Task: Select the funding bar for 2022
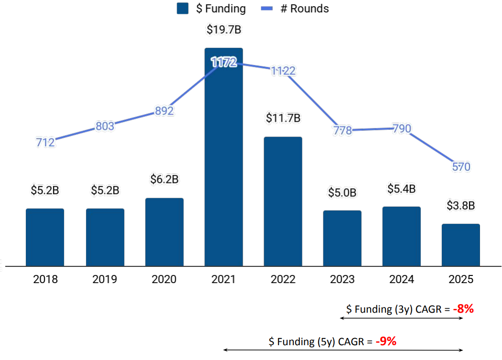point(283,201)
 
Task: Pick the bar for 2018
point(45,237)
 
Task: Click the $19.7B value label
point(224,30)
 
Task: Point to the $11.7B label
point(283,118)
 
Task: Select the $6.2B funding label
point(164,180)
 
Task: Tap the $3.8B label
point(460,205)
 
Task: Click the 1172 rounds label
point(224,62)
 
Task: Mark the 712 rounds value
point(45,142)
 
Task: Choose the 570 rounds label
point(461,167)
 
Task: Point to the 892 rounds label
point(164,111)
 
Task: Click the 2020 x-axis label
point(164,279)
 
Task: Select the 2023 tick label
point(342,279)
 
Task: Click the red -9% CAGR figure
point(386,341)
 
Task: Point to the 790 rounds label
point(402,128)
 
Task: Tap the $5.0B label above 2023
point(342,192)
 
